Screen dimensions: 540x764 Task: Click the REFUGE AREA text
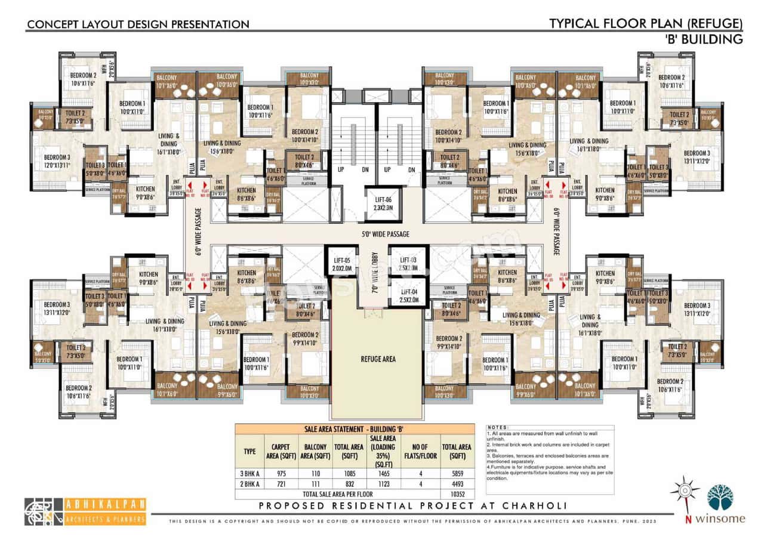pos(378,359)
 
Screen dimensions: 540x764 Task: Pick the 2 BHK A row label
pos(249,484)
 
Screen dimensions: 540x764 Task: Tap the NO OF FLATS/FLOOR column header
pos(423,451)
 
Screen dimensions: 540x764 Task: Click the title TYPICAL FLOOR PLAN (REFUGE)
pos(646,24)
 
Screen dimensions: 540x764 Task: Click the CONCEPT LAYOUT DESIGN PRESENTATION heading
pos(138,24)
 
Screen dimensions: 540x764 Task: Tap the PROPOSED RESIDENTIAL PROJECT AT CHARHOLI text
pos(412,506)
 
